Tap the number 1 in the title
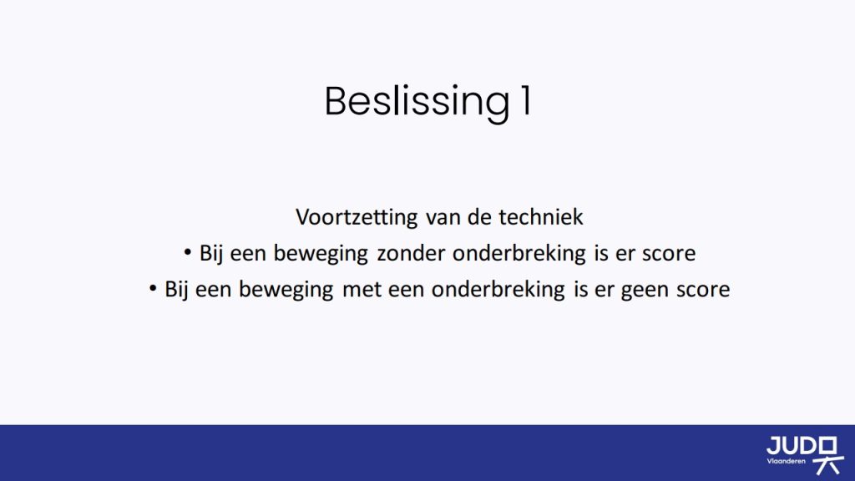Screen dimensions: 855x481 [526, 100]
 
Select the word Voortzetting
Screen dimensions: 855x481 [357, 217]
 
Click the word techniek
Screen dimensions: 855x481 [541, 217]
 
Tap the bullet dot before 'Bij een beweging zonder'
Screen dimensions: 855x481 [188, 252]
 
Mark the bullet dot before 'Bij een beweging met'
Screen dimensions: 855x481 [153, 288]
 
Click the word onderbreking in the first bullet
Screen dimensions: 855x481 [519, 254]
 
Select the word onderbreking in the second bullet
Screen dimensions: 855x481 [498, 290]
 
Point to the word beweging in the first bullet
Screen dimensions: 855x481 [321, 254]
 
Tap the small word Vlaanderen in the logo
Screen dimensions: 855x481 [786, 461]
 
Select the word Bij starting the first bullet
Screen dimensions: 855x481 [211, 254]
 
